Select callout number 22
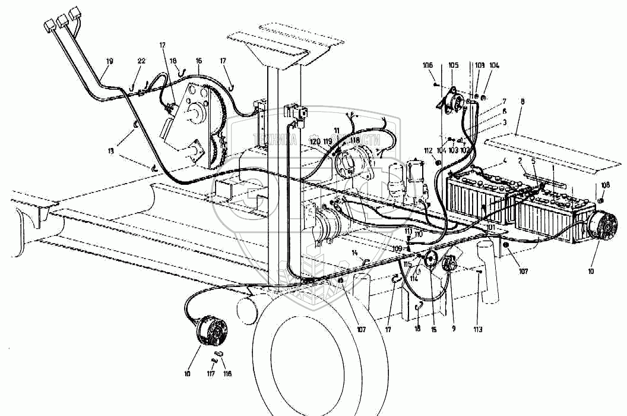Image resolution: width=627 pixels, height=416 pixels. coord(141,61)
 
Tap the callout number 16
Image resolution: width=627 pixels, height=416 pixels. coord(198,61)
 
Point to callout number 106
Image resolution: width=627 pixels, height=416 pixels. coord(428,65)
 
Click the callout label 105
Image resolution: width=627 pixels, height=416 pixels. coord(454,65)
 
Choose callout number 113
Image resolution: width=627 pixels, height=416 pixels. coord(479,329)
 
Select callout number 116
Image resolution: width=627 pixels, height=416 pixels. coord(227,374)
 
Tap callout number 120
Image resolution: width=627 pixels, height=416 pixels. coord(315,142)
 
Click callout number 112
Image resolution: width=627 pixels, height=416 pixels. coord(427,150)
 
